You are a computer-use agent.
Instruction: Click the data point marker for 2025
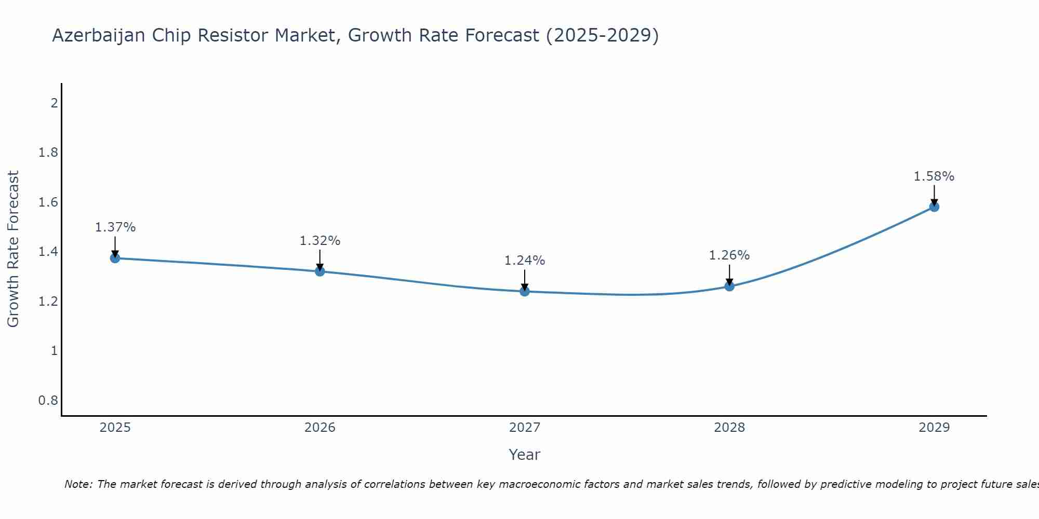[115, 258]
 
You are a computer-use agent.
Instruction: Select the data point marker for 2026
[319, 271]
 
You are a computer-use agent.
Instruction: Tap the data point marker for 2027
[524, 291]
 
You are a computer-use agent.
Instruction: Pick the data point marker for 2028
[729, 286]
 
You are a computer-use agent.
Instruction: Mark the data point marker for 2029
[934, 207]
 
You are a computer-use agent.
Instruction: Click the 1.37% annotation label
[115, 227]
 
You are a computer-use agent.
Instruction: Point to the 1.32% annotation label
[320, 241]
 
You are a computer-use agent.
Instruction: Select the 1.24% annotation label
[525, 261]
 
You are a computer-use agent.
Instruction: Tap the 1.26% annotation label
[729, 255]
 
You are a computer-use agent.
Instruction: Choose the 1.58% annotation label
[934, 176]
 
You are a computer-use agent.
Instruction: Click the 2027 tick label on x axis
[524, 428]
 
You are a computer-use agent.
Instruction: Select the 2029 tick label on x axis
[934, 428]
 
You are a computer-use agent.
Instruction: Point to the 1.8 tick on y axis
[48, 153]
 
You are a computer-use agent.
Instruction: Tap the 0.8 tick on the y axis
[48, 401]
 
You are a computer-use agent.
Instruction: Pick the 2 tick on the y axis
[54, 103]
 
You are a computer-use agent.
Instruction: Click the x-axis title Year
[524, 455]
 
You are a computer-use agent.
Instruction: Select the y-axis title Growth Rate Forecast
[13, 249]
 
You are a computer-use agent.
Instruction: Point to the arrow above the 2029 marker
[934, 195]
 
